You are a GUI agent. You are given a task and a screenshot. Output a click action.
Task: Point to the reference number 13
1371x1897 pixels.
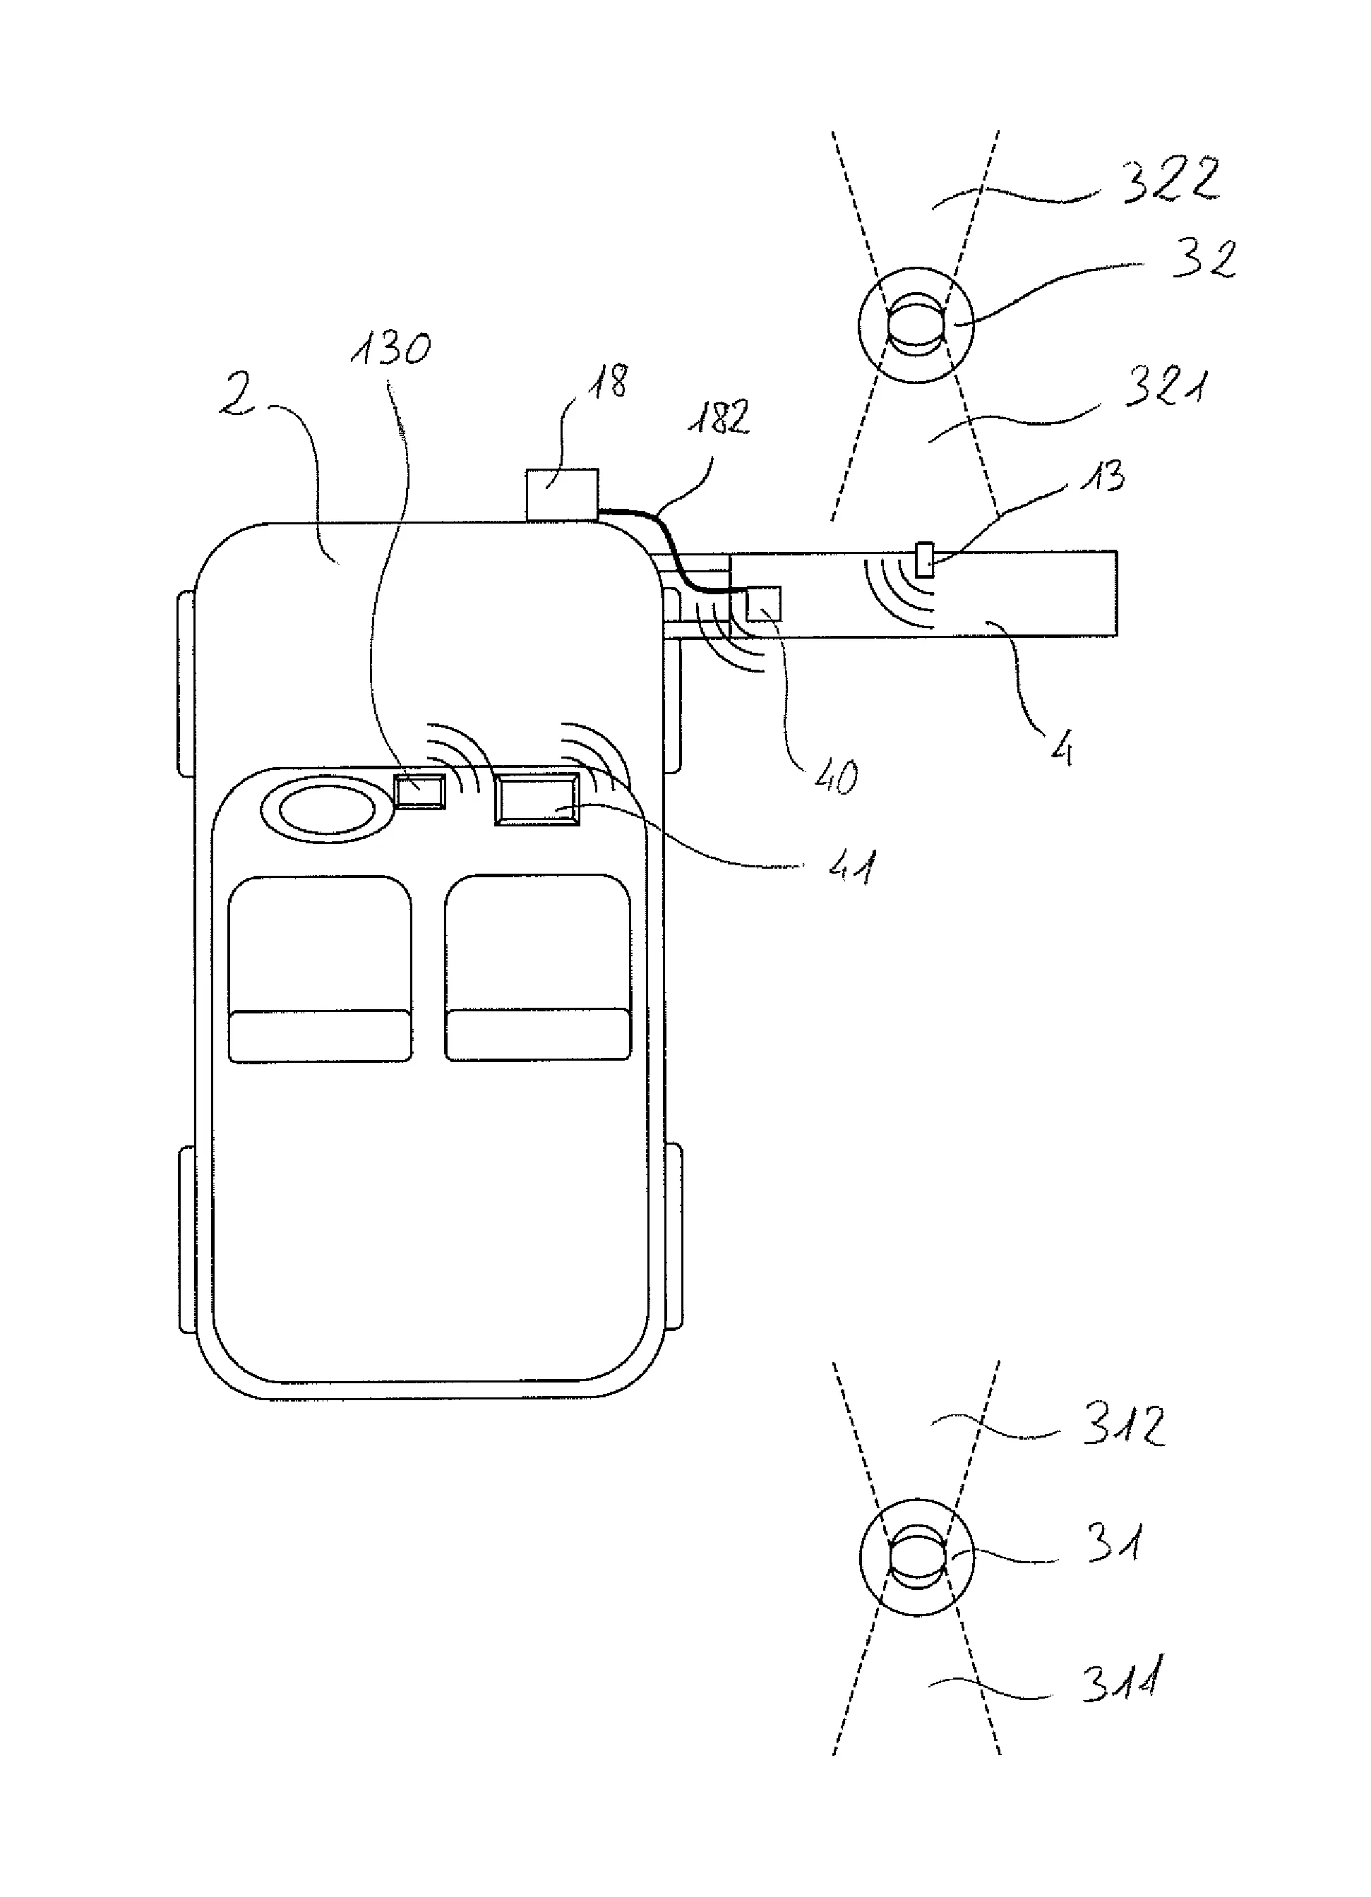point(1103,477)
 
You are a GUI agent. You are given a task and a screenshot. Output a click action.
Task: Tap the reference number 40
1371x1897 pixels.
point(834,776)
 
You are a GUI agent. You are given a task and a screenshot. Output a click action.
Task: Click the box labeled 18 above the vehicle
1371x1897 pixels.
point(561,495)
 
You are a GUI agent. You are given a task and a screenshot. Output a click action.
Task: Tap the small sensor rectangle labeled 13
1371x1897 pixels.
point(924,560)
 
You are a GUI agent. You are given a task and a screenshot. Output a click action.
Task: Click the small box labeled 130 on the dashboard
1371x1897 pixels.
point(419,791)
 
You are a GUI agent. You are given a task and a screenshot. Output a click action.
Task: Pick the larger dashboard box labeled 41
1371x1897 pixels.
point(537,800)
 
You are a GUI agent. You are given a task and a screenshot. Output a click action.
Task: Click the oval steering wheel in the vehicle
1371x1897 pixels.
point(327,809)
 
